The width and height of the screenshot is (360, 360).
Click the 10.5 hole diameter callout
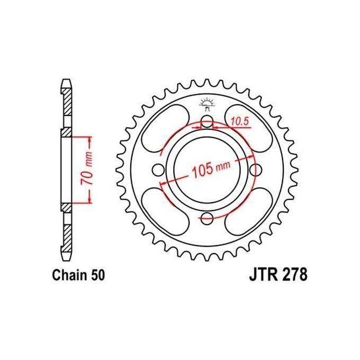tap(239, 121)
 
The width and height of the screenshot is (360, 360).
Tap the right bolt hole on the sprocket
tap(256, 170)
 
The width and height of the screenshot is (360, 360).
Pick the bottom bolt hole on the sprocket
tap(207, 218)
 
